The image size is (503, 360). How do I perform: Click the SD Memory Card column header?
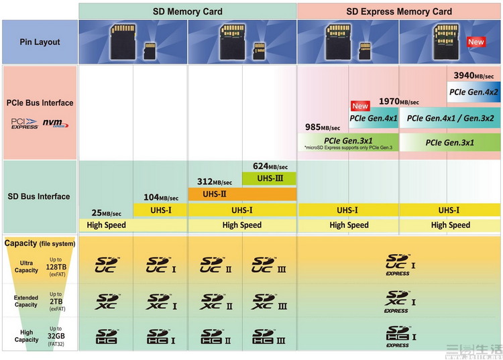pos(187,11)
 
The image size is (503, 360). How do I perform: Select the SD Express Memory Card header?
pos(399,11)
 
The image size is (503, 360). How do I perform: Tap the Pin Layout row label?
pos(39,42)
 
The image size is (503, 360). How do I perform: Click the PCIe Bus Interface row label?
pos(40,103)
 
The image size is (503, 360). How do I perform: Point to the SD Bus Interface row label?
pos(39,196)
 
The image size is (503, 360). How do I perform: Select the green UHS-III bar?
pos(269,178)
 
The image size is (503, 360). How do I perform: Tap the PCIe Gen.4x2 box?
pos(473,92)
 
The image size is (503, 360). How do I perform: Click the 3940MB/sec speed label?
pos(473,76)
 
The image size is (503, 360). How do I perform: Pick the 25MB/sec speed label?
pos(106,213)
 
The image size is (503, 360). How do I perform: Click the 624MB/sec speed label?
pos(270,166)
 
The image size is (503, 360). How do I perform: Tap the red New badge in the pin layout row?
pos(476,42)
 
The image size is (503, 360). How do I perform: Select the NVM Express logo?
pos(56,123)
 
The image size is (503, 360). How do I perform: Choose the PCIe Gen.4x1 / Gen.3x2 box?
pos(450,118)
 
